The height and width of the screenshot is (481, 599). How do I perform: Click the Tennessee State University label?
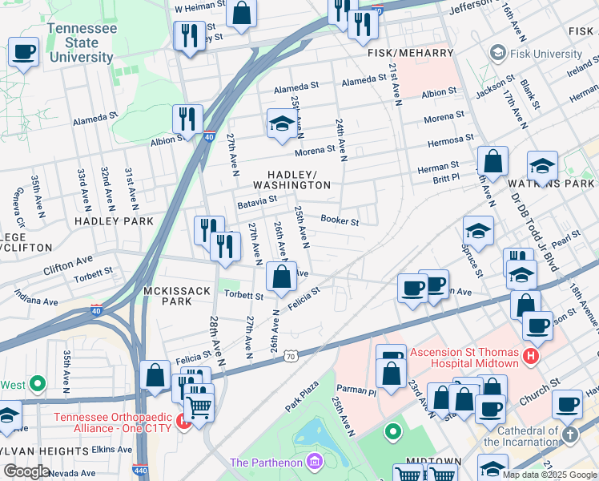click(81, 42)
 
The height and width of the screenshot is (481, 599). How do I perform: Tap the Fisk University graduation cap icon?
click(497, 54)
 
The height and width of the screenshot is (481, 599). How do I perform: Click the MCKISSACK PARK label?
click(167, 295)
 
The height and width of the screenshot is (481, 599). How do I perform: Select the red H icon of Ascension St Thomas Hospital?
click(529, 354)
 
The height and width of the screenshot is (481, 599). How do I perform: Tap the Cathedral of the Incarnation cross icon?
click(569, 435)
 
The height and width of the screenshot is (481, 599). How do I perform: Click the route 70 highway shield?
click(290, 355)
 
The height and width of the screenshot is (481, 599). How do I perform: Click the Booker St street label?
click(340, 220)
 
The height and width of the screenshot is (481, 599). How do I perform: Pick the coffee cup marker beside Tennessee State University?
click(23, 53)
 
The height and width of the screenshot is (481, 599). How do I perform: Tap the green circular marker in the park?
click(392, 433)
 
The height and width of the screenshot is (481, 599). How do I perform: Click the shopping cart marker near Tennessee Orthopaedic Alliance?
click(199, 407)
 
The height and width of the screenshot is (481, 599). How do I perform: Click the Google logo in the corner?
click(26, 471)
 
